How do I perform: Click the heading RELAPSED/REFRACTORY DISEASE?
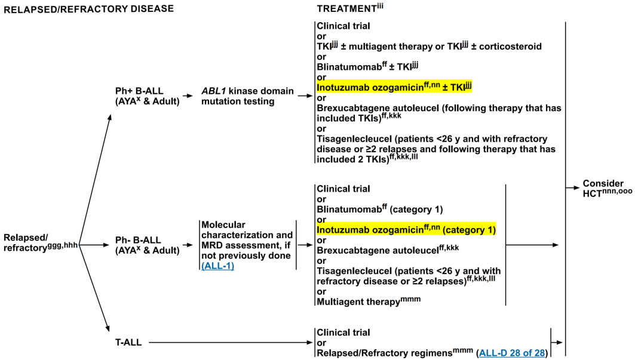(88, 9)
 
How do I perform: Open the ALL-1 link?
(218, 266)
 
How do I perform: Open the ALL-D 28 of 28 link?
(512, 353)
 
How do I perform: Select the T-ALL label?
(128, 343)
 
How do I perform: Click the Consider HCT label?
(607, 189)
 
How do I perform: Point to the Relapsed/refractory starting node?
(41, 243)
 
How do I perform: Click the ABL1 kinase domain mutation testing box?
(247, 96)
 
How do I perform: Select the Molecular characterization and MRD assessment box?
(247, 245)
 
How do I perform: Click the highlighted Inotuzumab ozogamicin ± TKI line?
(394, 87)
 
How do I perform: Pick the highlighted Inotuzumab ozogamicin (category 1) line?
(406, 230)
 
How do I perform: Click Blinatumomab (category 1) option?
(380, 210)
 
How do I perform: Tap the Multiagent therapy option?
(369, 301)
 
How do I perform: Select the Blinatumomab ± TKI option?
(367, 66)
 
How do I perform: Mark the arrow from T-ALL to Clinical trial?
(231, 343)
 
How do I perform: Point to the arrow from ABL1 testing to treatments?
(305, 96)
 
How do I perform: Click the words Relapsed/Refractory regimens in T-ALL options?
(384, 353)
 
